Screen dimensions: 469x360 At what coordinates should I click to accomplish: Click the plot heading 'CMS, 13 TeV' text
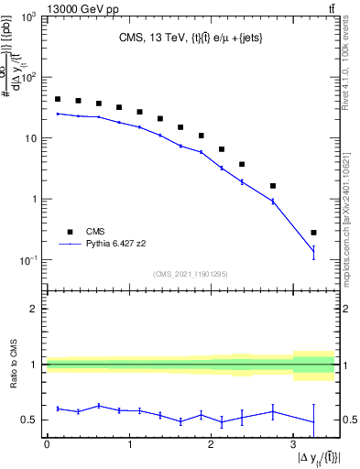point(146,39)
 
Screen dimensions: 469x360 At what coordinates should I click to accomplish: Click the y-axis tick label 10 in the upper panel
point(29,138)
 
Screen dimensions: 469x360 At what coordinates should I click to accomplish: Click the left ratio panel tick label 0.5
point(30,420)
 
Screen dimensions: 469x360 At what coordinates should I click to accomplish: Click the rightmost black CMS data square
point(314,233)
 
